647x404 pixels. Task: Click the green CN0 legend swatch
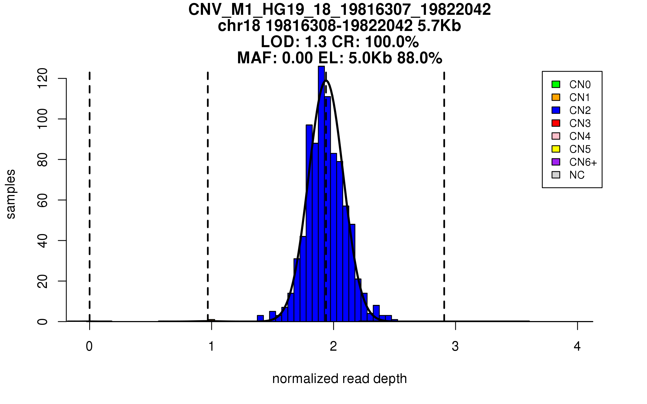click(556, 84)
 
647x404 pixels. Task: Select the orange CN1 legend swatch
click(556, 97)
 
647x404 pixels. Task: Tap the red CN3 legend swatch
click(556, 123)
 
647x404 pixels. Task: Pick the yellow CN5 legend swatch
click(556, 149)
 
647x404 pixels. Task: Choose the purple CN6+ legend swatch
click(556, 162)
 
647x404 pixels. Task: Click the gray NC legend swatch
click(556, 175)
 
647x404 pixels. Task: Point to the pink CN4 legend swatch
click(556, 136)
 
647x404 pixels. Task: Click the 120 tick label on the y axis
click(43, 78)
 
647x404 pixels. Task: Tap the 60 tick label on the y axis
click(43, 200)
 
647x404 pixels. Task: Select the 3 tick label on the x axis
click(455, 346)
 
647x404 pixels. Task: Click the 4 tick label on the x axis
click(577, 346)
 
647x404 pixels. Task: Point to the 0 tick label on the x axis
click(89, 346)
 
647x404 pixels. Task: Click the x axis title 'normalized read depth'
click(339, 379)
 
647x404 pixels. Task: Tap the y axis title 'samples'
click(11, 194)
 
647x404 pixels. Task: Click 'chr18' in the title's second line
click(239, 26)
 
